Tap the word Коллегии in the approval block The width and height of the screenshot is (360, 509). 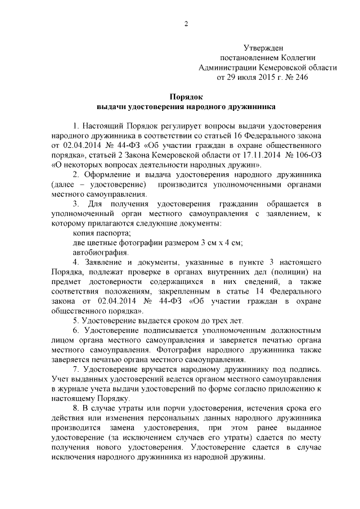tap(299, 57)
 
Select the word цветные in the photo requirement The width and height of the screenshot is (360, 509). tap(107, 243)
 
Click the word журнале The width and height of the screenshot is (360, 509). tap(77, 389)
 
